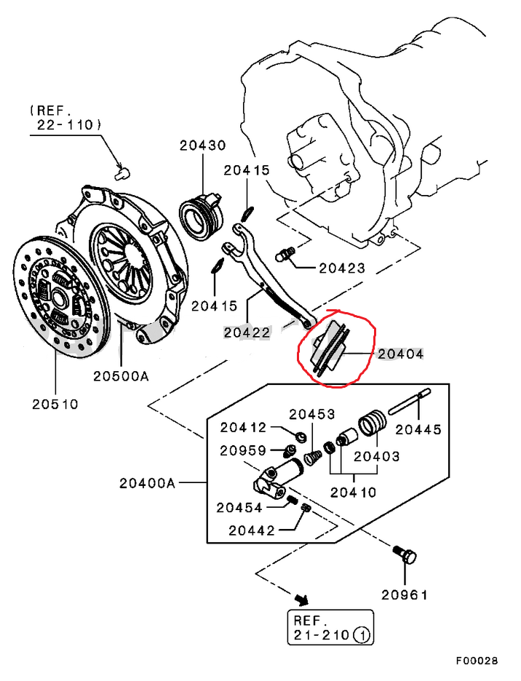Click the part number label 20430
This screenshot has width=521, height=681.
coord(203,146)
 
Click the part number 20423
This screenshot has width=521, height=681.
coord(342,268)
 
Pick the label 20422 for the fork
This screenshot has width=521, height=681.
coord(247,332)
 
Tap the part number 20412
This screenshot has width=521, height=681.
coord(244,428)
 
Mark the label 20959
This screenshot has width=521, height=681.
coord(244,450)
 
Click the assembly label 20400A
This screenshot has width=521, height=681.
coord(148,482)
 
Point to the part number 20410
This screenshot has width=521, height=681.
coord(354,492)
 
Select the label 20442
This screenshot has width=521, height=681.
coord(252,530)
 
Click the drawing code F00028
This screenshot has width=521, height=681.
coord(477,661)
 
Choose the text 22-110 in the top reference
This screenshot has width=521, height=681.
coord(65,125)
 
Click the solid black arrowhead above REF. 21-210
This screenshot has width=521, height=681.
coord(301,600)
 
